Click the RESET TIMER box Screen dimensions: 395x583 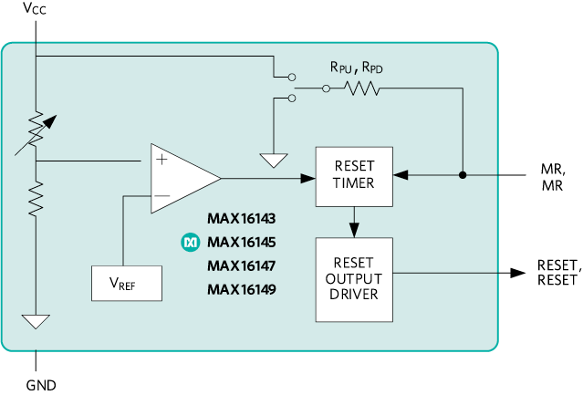click(354, 174)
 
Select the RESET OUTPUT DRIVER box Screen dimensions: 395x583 click(354, 279)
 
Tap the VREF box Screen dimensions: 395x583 click(127, 283)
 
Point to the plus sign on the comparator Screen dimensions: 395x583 click(161, 160)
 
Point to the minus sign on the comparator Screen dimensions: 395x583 click(161, 196)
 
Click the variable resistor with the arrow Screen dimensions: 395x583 click(36, 130)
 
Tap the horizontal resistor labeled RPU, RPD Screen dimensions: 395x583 click(362, 88)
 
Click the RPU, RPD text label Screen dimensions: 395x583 click(356, 67)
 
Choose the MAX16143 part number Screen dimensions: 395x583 click(241, 219)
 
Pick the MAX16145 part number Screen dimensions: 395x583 click(241, 243)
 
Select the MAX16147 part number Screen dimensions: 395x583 click(241, 266)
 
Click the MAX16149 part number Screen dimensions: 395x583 click(241, 290)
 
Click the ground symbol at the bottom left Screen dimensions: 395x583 click(36, 321)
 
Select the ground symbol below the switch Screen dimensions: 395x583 click(274, 161)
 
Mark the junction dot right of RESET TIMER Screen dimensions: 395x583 click(463, 174)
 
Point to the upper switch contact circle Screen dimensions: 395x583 click(290, 78)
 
